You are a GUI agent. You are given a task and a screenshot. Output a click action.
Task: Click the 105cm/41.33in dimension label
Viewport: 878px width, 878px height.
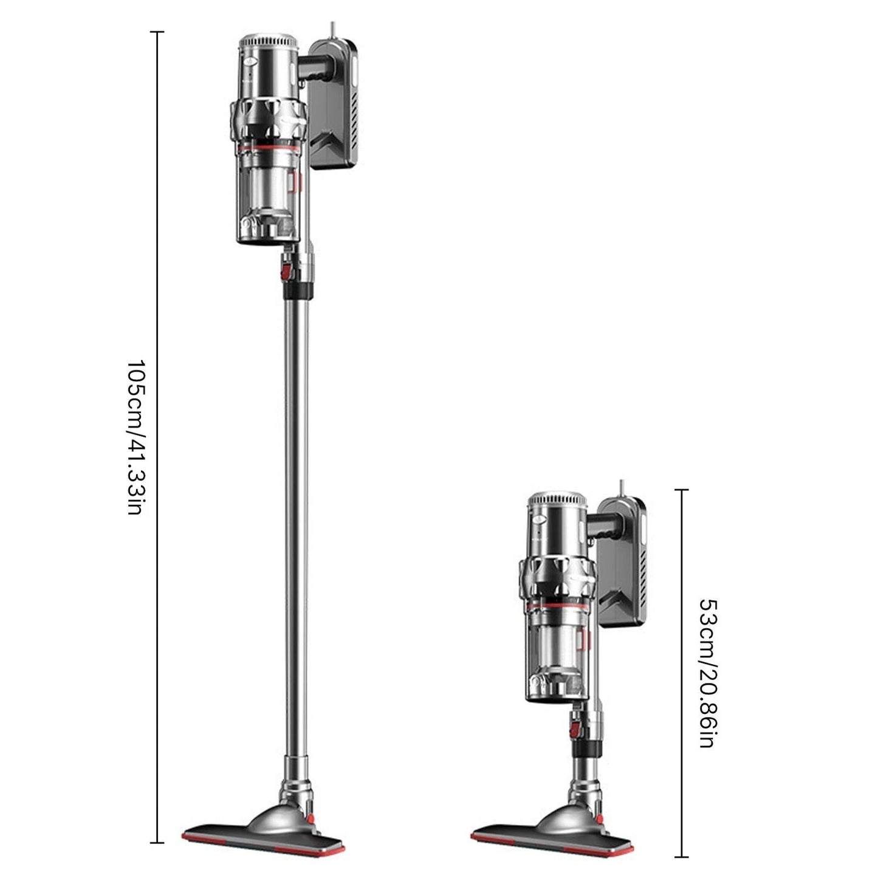click(134, 436)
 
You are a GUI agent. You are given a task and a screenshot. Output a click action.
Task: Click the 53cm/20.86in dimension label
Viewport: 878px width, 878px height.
click(708, 673)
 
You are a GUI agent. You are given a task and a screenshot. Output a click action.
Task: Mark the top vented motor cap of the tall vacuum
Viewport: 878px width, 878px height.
click(269, 45)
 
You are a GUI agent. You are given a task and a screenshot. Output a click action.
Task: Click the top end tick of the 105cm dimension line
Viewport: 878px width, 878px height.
click(157, 32)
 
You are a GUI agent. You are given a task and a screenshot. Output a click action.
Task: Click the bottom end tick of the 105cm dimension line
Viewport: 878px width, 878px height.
click(157, 842)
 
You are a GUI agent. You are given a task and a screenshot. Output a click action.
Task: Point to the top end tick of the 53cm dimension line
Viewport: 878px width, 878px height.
click(682, 490)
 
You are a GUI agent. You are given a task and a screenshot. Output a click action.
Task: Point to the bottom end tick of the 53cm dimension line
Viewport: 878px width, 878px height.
click(682, 857)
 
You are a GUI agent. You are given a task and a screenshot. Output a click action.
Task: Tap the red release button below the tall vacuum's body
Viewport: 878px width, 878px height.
click(285, 268)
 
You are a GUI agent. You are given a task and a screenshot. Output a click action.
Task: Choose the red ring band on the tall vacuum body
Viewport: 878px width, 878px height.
click(267, 148)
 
